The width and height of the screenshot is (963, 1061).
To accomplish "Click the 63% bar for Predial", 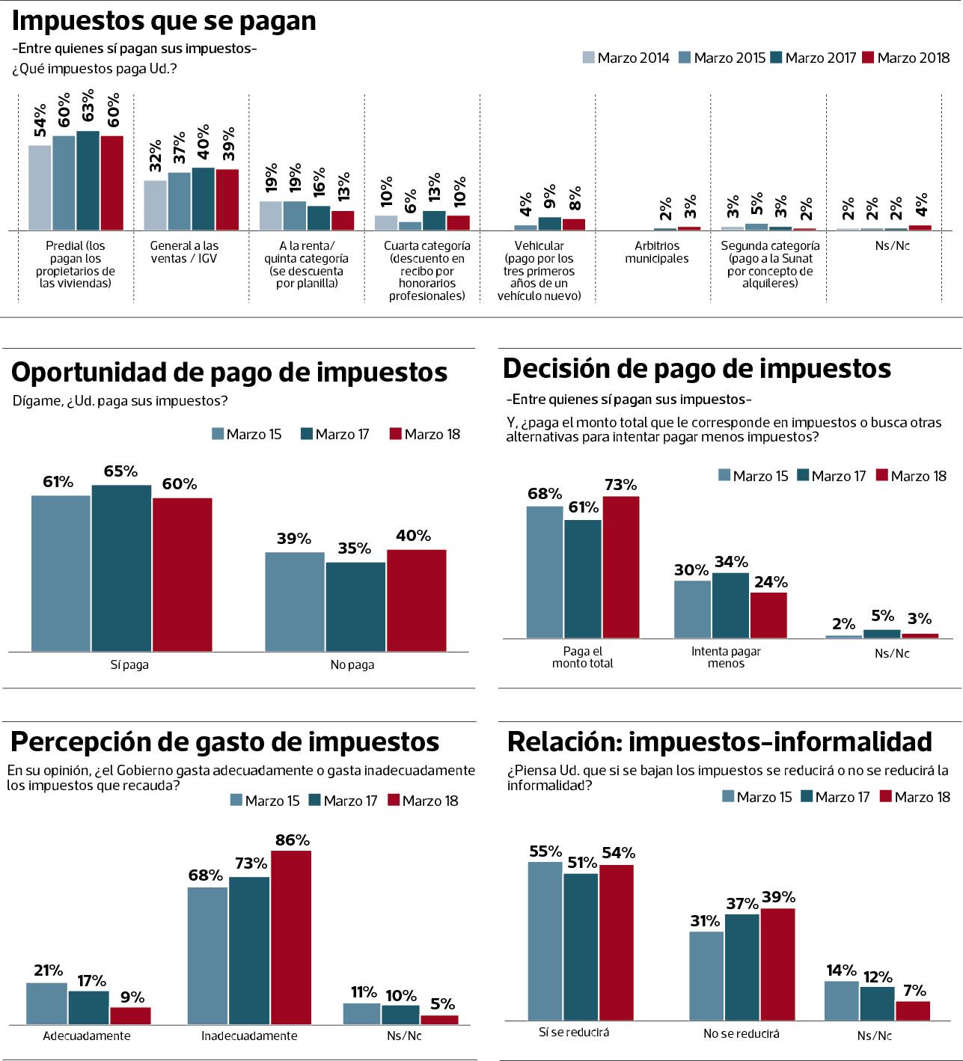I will [x=88, y=180].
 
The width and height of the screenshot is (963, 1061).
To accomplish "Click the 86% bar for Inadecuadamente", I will [x=291, y=938].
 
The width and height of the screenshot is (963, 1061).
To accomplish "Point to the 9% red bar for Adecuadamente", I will [x=130, y=1015].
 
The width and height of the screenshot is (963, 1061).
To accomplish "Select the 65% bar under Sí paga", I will [x=121, y=568].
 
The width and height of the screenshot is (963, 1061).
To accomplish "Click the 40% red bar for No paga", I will [x=416, y=600].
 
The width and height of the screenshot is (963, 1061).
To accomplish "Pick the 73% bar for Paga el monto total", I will [x=621, y=567].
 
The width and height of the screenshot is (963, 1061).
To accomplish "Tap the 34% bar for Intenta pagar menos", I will [x=730, y=605].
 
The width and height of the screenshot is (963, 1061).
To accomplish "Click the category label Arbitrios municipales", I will [x=656, y=252].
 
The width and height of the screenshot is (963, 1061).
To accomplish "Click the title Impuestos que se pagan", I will [x=164, y=21].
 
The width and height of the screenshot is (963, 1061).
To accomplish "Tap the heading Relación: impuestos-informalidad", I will [x=719, y=742].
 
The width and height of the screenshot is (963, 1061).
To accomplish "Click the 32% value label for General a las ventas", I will [x=155, y=156].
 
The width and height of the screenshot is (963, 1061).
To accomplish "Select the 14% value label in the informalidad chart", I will [x=841, y=970].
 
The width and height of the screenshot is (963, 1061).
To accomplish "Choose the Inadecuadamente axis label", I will [x=249, y=1036].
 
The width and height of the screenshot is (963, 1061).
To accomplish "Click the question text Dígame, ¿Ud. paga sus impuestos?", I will [x=120, y=401].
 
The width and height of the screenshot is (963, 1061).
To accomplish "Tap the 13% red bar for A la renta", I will [x=343, y=220].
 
